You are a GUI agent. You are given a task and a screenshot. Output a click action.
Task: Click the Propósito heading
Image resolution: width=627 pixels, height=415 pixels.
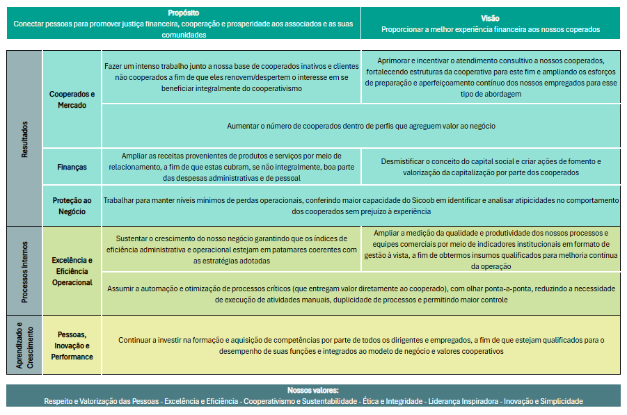[x=184, y=13]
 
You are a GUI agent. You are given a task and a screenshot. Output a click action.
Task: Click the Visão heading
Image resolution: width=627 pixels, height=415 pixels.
[x=490, y=18]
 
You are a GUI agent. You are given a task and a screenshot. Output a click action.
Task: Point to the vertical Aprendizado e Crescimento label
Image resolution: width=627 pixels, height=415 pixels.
[x=24, y=345]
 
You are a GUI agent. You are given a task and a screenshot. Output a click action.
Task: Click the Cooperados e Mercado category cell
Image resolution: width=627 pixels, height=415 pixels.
[x=72, y=99]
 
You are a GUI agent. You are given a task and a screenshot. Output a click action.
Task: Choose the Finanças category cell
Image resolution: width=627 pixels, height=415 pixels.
[x=72, y=167]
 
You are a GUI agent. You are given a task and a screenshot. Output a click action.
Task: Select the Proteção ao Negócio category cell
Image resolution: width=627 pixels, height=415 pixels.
[x=72, y=206]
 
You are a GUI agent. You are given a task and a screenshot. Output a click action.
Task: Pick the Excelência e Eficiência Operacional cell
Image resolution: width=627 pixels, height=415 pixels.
[x=72, y=271]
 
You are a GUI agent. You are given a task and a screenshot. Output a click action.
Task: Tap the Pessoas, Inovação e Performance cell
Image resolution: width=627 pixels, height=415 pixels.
[x=72, y=345]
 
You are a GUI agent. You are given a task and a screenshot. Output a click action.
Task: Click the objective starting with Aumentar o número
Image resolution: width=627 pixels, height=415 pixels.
[x=360, y=126]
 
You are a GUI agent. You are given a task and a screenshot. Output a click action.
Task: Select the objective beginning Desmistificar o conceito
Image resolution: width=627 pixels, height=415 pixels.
[x=491, y=167]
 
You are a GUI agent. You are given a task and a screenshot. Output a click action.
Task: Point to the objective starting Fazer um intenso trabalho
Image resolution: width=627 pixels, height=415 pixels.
[x=232, y=77]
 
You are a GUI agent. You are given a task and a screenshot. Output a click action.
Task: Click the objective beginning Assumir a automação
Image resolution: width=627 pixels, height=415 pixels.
[x=360, y=294]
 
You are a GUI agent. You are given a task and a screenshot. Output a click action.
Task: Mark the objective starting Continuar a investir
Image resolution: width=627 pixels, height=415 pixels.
[x=360, y=345]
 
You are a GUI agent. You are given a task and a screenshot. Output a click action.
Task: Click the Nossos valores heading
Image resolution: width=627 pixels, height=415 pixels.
[x=313, y=391]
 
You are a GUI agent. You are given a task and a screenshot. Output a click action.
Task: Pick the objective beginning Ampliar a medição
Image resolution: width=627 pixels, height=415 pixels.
[x=491, y=249]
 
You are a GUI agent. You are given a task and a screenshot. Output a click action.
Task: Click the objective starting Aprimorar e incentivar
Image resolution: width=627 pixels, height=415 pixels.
[x=491, y=77]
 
